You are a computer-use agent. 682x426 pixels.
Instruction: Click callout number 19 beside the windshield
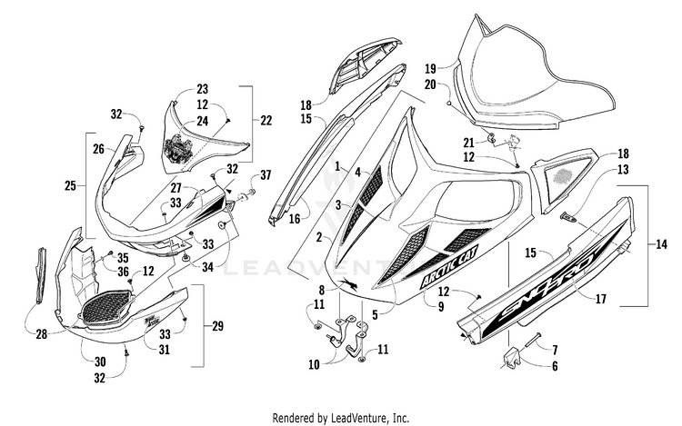(x=431, y=68)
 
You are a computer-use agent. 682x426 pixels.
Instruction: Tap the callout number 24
(x=202, y=121)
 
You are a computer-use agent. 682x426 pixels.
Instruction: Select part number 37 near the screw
(x=266, y=174)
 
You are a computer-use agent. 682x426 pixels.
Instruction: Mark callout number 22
(x=266, y=121)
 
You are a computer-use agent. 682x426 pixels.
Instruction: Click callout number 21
(x=468, y=142)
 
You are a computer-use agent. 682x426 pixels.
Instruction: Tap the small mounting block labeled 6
(x=512, y=357)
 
